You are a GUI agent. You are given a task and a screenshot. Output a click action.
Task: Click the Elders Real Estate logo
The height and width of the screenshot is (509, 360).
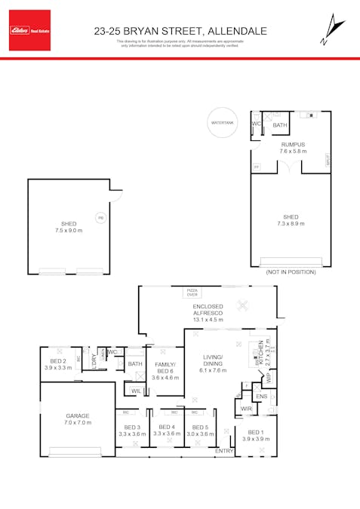click(30, 30)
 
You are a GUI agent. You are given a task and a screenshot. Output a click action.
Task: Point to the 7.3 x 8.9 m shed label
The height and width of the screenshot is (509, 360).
click(291, 220)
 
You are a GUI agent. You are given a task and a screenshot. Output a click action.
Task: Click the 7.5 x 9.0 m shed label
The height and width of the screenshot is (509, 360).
click(67, 227)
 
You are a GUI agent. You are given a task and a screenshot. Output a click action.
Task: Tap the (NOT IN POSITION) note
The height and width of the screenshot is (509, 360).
click(291, 273)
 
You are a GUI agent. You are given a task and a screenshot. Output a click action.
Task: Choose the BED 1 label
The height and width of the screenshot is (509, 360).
click(257, 435)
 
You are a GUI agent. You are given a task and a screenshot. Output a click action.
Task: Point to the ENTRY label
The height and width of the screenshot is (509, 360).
click(224, 451)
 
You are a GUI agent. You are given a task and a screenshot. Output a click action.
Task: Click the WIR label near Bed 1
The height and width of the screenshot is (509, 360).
click(246, 409)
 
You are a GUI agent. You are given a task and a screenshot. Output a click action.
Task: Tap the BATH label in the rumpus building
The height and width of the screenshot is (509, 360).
click(280, 125)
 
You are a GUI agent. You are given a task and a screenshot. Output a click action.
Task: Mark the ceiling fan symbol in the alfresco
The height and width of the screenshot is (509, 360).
click(242, 305)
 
